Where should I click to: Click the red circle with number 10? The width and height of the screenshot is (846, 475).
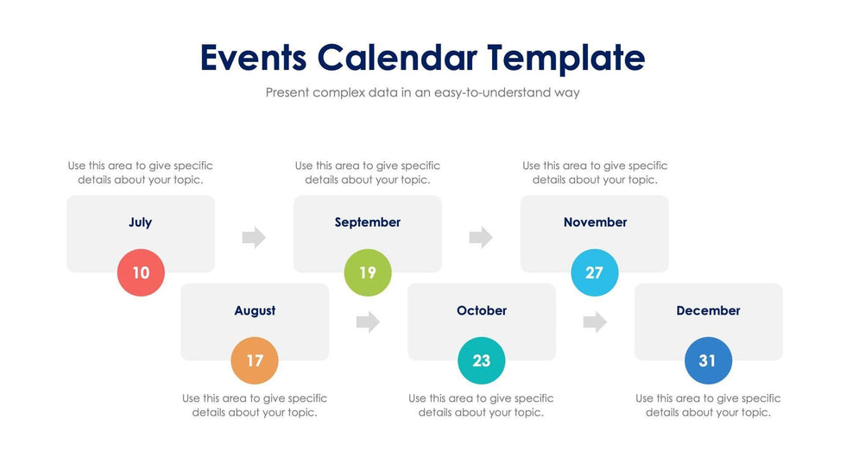141,273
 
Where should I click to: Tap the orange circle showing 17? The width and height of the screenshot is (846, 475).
255,361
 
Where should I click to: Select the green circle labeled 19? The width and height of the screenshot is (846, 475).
368,273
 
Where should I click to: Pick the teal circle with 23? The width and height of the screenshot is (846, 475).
481,361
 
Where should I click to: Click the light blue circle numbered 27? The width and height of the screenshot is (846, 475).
595,273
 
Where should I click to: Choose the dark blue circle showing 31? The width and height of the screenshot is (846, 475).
708,361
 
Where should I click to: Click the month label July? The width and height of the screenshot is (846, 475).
141,222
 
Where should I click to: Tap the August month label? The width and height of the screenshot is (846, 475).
255,310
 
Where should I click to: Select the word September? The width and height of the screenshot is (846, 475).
368,222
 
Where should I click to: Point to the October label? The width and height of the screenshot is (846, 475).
482,310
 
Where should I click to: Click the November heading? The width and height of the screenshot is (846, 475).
595,222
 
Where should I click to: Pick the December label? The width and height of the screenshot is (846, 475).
708,310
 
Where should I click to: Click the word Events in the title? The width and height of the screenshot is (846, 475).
253,58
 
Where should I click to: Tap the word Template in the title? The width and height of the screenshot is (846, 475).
565,58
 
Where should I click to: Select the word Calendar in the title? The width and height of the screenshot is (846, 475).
396,58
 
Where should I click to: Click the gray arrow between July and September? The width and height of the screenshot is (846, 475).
254,237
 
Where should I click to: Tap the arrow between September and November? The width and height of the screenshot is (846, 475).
481,237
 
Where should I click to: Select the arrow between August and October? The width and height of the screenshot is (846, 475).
368,322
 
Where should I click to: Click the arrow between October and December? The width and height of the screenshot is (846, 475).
595,322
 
